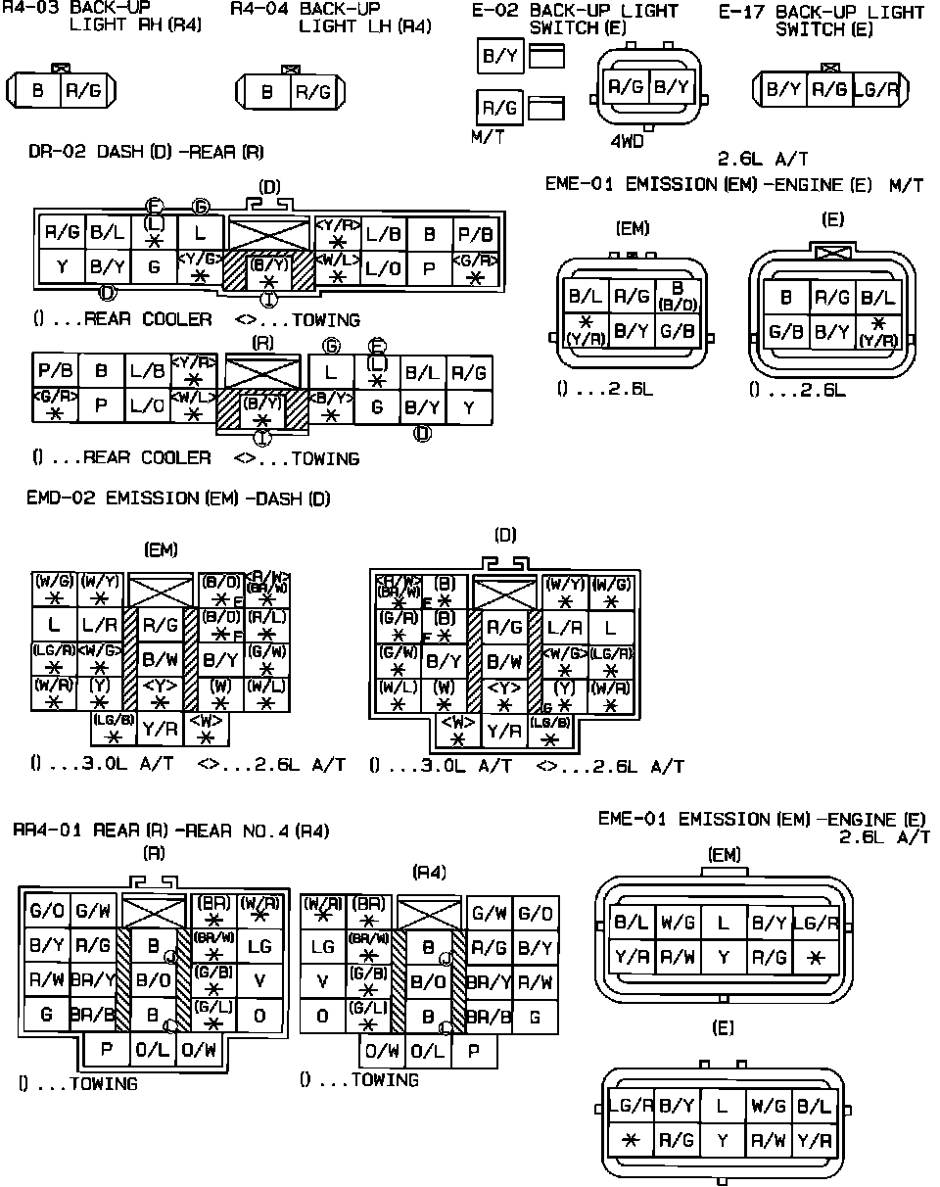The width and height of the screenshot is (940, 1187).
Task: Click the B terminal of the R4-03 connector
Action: click(38, 91)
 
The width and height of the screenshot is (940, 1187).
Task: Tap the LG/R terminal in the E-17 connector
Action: click(876, 90)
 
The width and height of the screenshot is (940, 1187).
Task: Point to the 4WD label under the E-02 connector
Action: click(628, 140)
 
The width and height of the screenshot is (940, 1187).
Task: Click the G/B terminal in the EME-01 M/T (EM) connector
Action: click(678, 331)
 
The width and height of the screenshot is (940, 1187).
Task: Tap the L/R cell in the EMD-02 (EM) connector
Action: click(100, 624)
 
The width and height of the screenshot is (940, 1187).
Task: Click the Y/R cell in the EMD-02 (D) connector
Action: click(504, 730)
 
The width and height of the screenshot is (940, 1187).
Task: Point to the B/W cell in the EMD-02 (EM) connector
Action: click(159, 659)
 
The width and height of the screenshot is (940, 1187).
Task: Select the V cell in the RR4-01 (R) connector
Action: click(258, 980)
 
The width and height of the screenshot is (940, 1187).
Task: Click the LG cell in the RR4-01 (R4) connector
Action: click(323, 947)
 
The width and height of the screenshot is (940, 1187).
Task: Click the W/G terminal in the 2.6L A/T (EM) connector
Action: click(678, 922)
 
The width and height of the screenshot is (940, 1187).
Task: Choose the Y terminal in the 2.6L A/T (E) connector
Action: click(722, 1140)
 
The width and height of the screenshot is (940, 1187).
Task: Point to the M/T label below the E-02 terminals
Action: click(487, 137)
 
